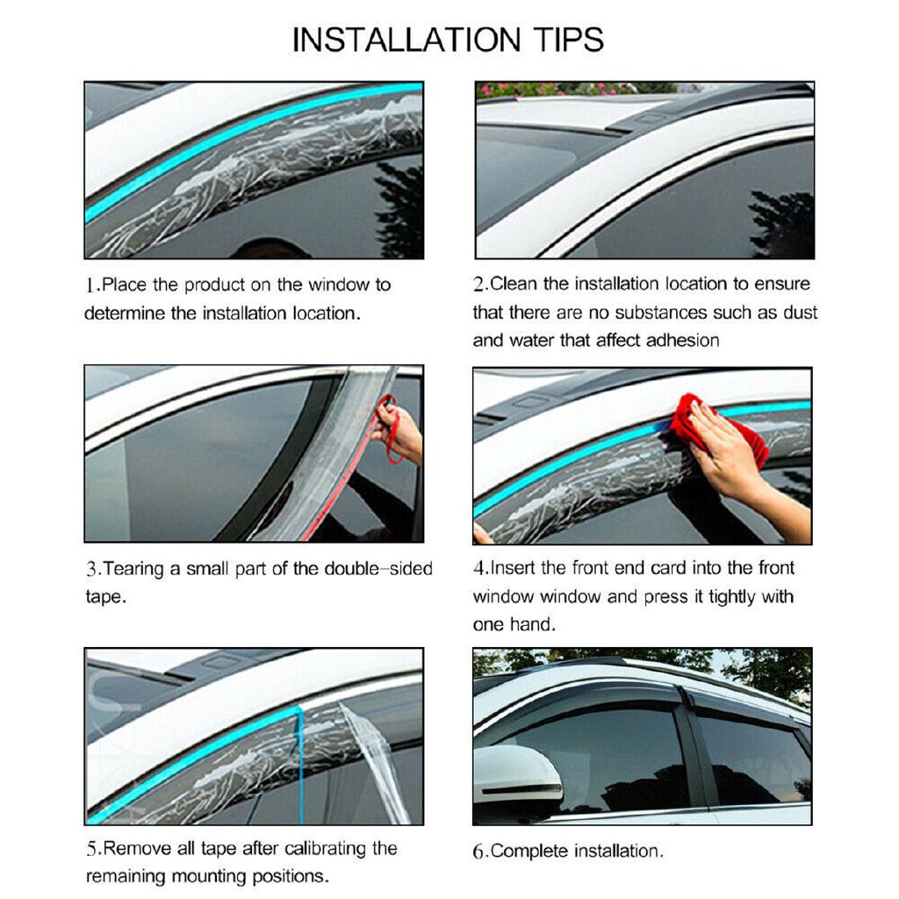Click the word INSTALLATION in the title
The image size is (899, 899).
(406, 40)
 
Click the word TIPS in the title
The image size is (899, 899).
(569, 40)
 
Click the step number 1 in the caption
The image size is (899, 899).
(90, 285)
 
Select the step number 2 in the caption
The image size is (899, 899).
(478, 284)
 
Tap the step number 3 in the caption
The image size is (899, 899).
(91, 569)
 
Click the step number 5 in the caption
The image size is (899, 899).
(91, 849)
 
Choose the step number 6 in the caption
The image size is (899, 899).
(478, 852)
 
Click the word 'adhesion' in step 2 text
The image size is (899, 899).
(682, 340)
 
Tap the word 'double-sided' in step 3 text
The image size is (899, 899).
(378, 568)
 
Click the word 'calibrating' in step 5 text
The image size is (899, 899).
(325, 849)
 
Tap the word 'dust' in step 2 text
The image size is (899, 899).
(798, 312)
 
